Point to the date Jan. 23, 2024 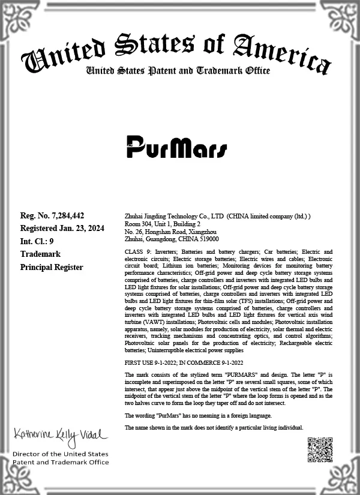tap(77, 228)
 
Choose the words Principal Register tap(52, 267)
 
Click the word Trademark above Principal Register tap(40, 254)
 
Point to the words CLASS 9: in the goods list tap(138, 252)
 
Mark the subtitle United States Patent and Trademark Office tap(178, 71)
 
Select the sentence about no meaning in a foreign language tap(198, 416)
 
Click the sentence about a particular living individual tap(214, 427)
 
